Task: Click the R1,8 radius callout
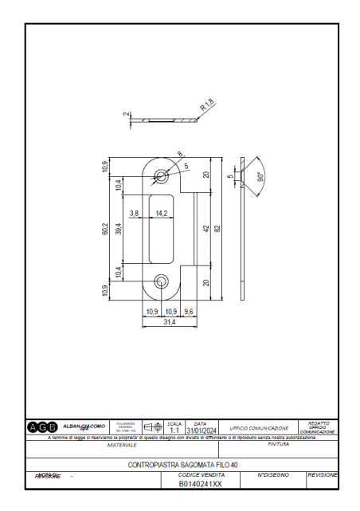pos(205,104)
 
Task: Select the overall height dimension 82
pos(216,228)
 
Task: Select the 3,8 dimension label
pos(134,214)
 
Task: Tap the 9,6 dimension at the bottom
pos(188,311)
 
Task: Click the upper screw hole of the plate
pos(161,175)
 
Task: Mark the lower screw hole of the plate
pos(161,281)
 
